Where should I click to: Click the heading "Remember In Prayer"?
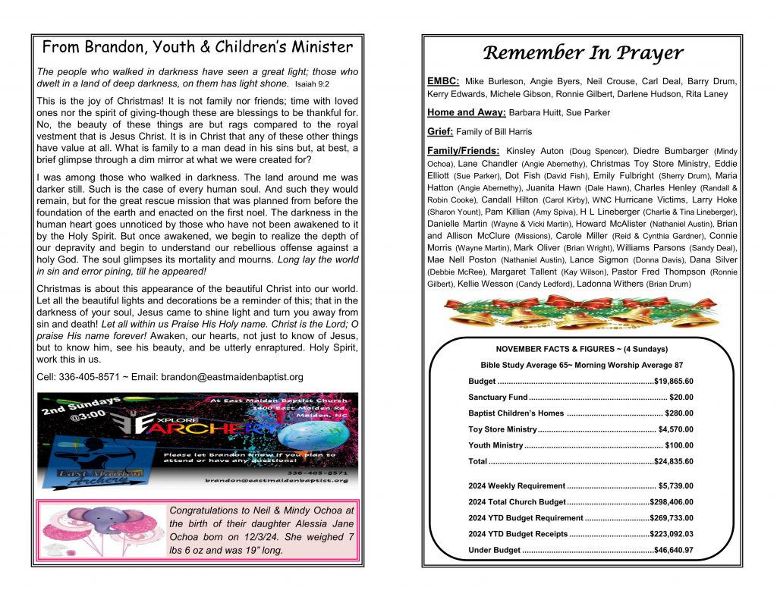582,52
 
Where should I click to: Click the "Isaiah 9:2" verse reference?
312,84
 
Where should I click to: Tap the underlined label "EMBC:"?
443,80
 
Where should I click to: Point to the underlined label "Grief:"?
440,131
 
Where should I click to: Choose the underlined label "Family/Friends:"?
464,150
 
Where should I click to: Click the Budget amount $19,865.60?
673,381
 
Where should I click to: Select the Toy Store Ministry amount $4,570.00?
676,429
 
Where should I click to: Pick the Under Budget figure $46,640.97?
673,550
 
